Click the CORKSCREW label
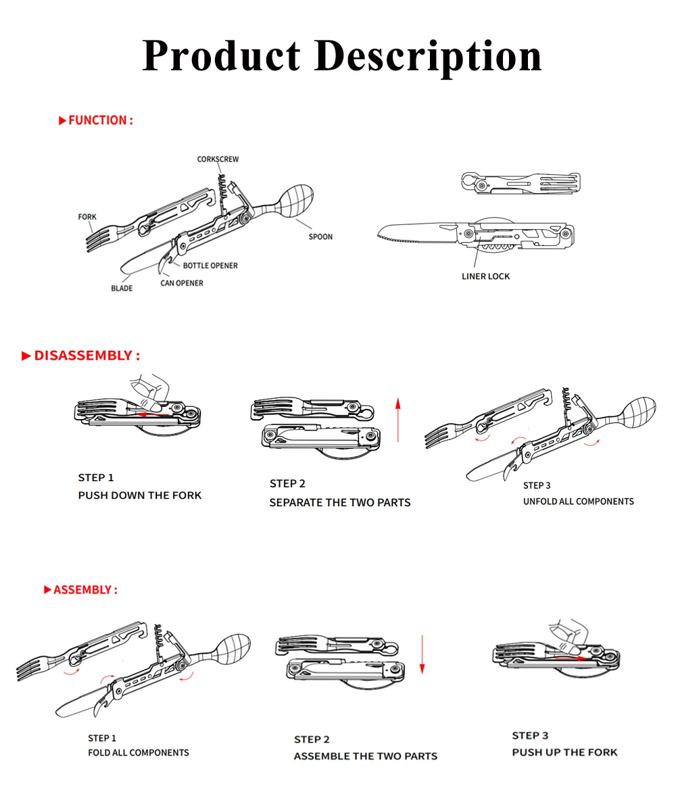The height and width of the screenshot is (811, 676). (218, 159)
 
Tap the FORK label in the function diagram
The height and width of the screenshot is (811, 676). (87, 217)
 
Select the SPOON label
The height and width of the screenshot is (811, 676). (320, 237)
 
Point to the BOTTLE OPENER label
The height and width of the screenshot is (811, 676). (210, 266)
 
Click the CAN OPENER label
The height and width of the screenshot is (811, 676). (181, 283)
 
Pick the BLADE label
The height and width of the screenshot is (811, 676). (122, 289)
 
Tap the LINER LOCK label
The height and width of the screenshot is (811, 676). (485, 276)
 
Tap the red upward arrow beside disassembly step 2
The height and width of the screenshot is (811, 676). (398, 420)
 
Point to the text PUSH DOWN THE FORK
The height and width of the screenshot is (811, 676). (140, 495)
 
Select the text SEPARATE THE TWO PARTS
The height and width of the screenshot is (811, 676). (340, 503)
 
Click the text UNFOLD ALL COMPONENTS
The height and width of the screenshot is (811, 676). (579, 501)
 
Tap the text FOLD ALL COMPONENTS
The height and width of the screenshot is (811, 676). (139, 753)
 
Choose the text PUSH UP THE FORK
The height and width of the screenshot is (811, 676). (564, 752)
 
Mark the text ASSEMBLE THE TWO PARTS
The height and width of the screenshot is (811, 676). (365, 756)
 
